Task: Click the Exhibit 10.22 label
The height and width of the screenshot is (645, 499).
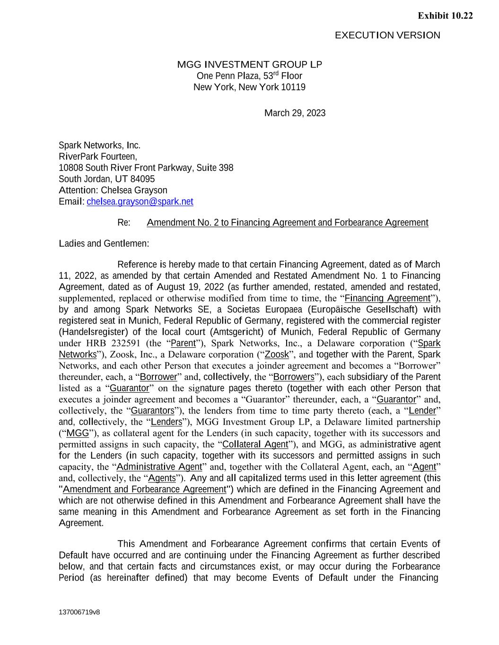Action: click(445, 16)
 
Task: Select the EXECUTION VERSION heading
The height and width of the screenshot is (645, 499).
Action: click(387, 35)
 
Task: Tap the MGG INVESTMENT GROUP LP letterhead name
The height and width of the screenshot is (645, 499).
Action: click(249, 65)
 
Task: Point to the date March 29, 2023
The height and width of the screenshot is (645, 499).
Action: click(295, 113)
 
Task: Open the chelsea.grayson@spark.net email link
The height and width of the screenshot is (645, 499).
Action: click(140, 202)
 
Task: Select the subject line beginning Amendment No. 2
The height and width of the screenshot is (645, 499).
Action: click(288, 223)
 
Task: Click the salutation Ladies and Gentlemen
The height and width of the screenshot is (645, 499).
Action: click(104, 244)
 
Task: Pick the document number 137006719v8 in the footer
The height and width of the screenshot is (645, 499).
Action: click(79, 612)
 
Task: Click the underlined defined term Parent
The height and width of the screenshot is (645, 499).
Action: click(183, 344)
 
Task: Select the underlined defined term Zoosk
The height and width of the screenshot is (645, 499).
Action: click(277, 355)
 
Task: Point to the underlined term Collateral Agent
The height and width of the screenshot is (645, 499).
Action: click(255, 445)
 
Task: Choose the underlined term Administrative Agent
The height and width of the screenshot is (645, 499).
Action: click(159, 467)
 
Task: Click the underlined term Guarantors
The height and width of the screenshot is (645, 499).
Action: click(152, 411)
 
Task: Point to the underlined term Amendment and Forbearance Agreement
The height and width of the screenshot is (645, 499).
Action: click(144, 490)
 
